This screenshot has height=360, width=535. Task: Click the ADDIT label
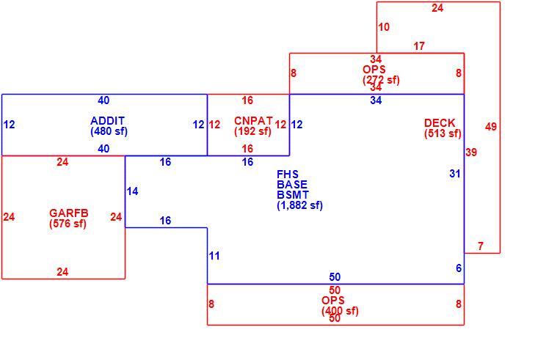click(107, 121)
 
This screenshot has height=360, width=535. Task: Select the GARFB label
click(69, 213)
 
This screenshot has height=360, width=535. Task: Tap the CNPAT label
click(253, 121)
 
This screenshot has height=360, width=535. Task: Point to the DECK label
click(440, 122)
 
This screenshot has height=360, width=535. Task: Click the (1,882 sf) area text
click(299, 205)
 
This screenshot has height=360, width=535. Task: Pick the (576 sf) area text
click(68, 224)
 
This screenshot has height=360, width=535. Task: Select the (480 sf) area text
click(109, 131)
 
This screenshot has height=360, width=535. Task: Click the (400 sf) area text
click(340, 311)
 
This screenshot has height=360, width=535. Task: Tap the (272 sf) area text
click(381, 80)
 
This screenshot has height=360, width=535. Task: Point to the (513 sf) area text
click(443, 133)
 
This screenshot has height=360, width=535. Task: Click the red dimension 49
click(491, 127)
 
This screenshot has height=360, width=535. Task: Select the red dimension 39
click(471, 153)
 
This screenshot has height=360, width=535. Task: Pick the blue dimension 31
click(455, 174)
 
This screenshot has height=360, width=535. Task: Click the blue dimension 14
click(132, 191)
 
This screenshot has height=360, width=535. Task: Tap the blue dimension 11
click(214, 256)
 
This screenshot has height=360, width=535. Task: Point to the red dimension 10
click(384, 27)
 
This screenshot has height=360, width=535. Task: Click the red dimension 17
click(419, 46)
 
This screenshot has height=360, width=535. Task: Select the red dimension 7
click(481, 246)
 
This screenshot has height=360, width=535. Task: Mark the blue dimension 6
click(459, 268)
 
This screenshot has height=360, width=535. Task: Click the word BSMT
click(293, 195)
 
